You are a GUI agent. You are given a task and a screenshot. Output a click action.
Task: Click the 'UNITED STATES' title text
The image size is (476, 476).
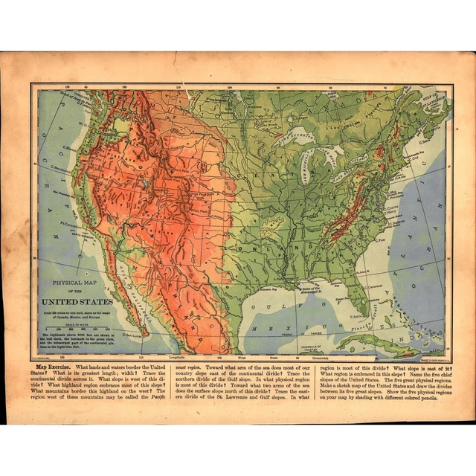tap(77, 302)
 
